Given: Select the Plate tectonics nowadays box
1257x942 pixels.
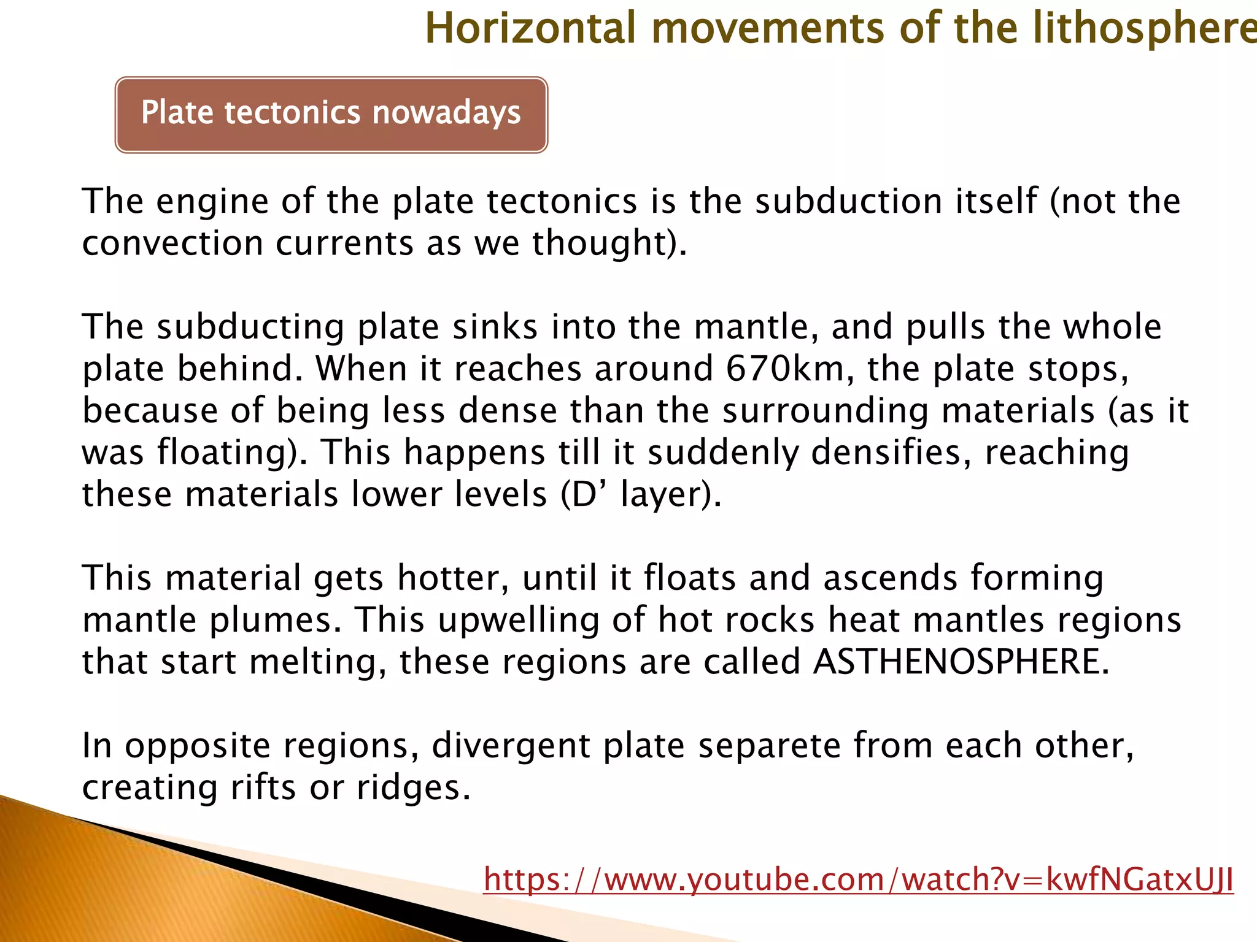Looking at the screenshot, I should [331, 115].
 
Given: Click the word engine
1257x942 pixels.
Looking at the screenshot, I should [212, 202].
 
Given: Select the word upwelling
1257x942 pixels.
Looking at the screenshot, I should [519, 620].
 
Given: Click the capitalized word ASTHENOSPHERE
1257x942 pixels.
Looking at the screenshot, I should [961, 662].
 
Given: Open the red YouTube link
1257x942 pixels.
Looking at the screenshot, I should [858, 879].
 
